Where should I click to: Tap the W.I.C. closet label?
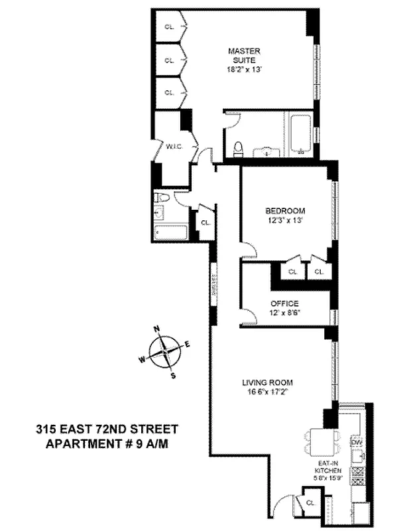coord(174,147)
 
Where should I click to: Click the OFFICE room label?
coord(284,303)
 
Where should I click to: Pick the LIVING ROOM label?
coord(267,382)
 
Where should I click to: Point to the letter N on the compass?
coord(157,329)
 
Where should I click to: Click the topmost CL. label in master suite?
coord(170,27)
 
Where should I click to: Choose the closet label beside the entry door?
coord(312,502)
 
